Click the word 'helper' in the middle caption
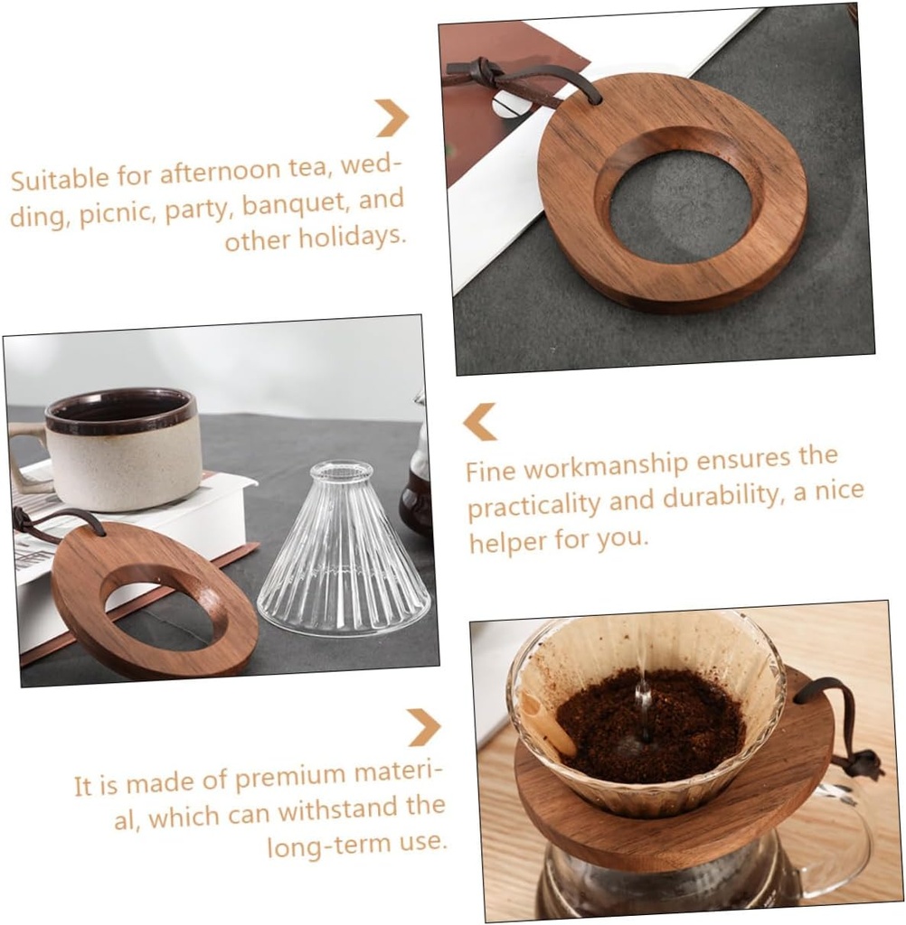[x=503, y=541]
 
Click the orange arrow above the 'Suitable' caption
[x=392, y=117]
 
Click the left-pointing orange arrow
[x=480, y=421]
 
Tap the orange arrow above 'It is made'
[x=422, y=726]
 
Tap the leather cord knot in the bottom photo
[x=864, y=764]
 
